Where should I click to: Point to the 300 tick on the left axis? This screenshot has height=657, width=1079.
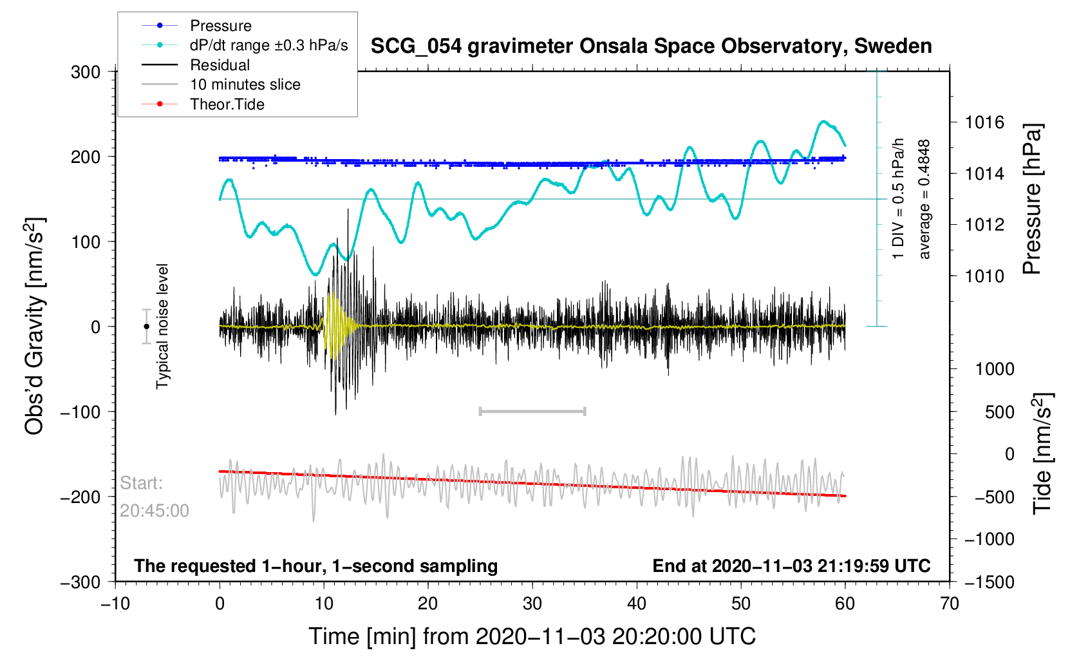click(x=86, y=72)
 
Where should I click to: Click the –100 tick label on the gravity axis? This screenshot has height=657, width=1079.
click(x=80, y=412)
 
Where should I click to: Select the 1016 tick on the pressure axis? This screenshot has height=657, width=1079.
click(x=984, y=122)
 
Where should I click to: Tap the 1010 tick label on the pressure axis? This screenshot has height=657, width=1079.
click(x=984, y=276)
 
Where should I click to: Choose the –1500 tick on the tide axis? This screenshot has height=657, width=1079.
click(x=990, y=582)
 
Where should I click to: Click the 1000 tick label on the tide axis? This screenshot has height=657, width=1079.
click(x=995, y=369)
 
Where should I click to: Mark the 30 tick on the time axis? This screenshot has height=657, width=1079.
click(x=532, y=604)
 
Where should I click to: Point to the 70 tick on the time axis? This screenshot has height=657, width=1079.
click(x=950, y=604)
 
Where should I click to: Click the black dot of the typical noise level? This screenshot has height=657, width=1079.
click(x=146, y=327)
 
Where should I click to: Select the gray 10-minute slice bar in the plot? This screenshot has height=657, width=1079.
click(x=532, y=411)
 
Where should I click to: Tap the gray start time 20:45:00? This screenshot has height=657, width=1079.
click(x=154, y=511)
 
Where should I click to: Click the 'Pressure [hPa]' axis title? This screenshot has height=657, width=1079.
click(x=1032, y=200)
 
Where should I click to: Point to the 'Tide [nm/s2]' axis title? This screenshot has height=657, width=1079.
click(x=1042, y=453)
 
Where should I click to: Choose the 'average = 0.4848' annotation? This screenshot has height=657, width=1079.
click(x=924, y=200)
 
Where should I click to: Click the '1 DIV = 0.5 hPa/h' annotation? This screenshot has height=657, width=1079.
click(x=898, y=198)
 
